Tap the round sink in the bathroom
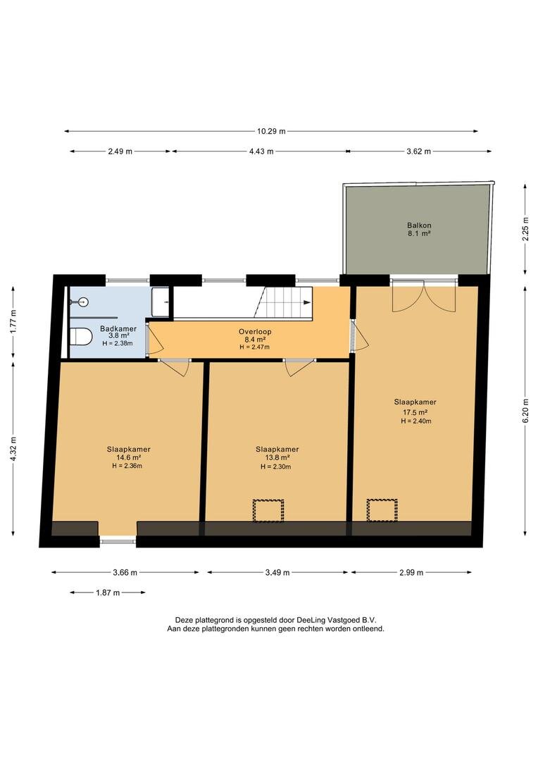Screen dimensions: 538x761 [x=84, y=302]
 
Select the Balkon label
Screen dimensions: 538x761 [x=419, y=225]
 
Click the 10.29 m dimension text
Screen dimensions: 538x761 [x=271, y=131]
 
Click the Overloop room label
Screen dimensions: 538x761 [x=255, y=331]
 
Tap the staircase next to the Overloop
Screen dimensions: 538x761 [x=282, y=302]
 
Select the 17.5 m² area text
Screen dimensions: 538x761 [x=415, y=412]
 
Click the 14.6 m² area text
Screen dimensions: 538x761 [x=129, y=458]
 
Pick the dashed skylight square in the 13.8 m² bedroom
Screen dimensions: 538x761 [x=268, y=511]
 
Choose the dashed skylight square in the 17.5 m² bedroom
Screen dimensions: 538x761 [x=382, y=510]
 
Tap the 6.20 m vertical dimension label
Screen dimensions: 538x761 [x=526, y=411]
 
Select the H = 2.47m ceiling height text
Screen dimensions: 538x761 [x=255, y=347]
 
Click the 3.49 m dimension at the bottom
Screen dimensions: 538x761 [x=277, y=573]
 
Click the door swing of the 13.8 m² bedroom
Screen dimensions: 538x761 [x=299, y=367]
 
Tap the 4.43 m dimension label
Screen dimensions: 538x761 [x=261, y=151]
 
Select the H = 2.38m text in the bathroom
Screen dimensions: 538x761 [x=118, y=344]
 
